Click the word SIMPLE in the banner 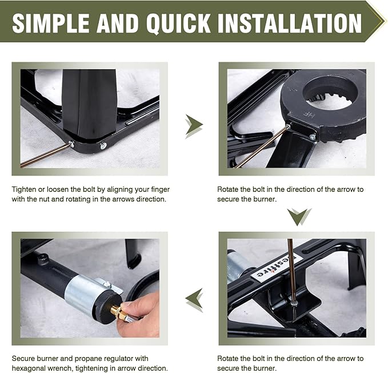coord(50,23)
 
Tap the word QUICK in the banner coord(178,23)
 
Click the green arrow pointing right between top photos coord(194,125)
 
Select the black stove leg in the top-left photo coord(89,104)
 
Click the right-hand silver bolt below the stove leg coord(103,146)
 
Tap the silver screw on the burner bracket coord(313,137)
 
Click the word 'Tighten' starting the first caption coord(24,190)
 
